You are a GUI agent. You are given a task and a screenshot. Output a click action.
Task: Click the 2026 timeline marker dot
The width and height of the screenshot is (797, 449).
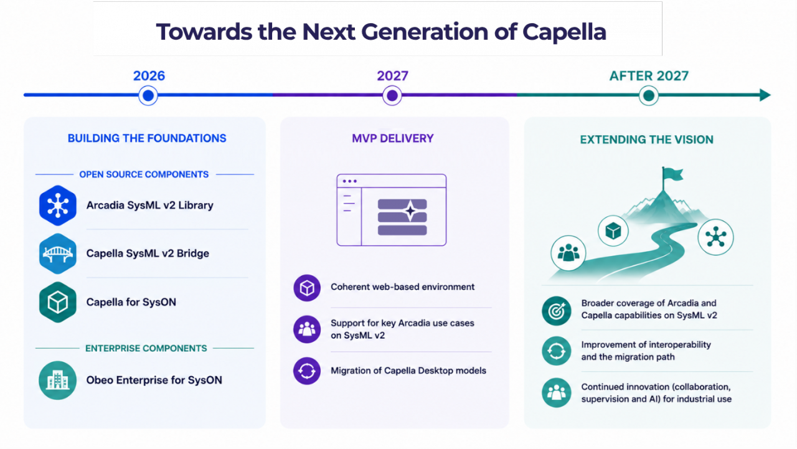point(148,95)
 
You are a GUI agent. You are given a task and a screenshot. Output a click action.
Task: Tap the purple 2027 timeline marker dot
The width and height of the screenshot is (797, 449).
point(392,95)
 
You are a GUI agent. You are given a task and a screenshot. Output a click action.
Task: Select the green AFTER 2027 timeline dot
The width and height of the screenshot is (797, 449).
point(649,95)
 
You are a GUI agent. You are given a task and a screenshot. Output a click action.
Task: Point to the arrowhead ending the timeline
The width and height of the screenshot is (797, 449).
point(765,95)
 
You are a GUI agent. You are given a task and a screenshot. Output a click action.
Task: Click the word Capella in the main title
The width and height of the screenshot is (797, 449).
point(564,32)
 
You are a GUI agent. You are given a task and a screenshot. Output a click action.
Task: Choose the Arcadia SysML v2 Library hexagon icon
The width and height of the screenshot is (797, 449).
point(58,206)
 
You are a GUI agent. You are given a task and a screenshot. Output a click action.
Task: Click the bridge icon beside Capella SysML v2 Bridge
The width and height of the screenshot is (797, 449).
point(58,253)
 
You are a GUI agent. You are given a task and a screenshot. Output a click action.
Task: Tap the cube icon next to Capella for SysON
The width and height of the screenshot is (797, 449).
point(58,303)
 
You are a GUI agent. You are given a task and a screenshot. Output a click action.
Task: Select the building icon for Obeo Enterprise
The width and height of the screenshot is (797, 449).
point(58,380)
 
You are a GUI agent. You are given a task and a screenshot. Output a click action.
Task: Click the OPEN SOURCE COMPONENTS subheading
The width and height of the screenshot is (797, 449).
point(144,174)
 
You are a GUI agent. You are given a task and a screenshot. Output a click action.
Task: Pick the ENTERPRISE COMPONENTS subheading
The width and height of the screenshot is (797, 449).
point(146,348)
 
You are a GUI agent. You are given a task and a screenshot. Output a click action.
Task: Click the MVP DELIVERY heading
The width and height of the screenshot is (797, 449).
point(393,138)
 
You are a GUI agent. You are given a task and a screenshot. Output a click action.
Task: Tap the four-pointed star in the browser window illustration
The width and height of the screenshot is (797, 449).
point(410,211)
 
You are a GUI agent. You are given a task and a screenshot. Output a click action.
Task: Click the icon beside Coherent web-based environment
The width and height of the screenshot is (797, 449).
point(307,288)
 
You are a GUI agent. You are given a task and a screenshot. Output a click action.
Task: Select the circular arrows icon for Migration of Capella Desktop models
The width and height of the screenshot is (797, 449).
point(307,371)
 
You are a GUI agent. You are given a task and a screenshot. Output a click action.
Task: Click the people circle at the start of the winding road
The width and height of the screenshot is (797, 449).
point(568,253)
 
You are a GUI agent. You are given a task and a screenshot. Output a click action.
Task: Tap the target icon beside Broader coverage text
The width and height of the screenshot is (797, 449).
point(557,311)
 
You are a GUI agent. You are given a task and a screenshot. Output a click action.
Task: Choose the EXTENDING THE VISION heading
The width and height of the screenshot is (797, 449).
point(647,139)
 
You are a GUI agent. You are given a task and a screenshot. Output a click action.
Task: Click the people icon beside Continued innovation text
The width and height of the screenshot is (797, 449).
point(557,393)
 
